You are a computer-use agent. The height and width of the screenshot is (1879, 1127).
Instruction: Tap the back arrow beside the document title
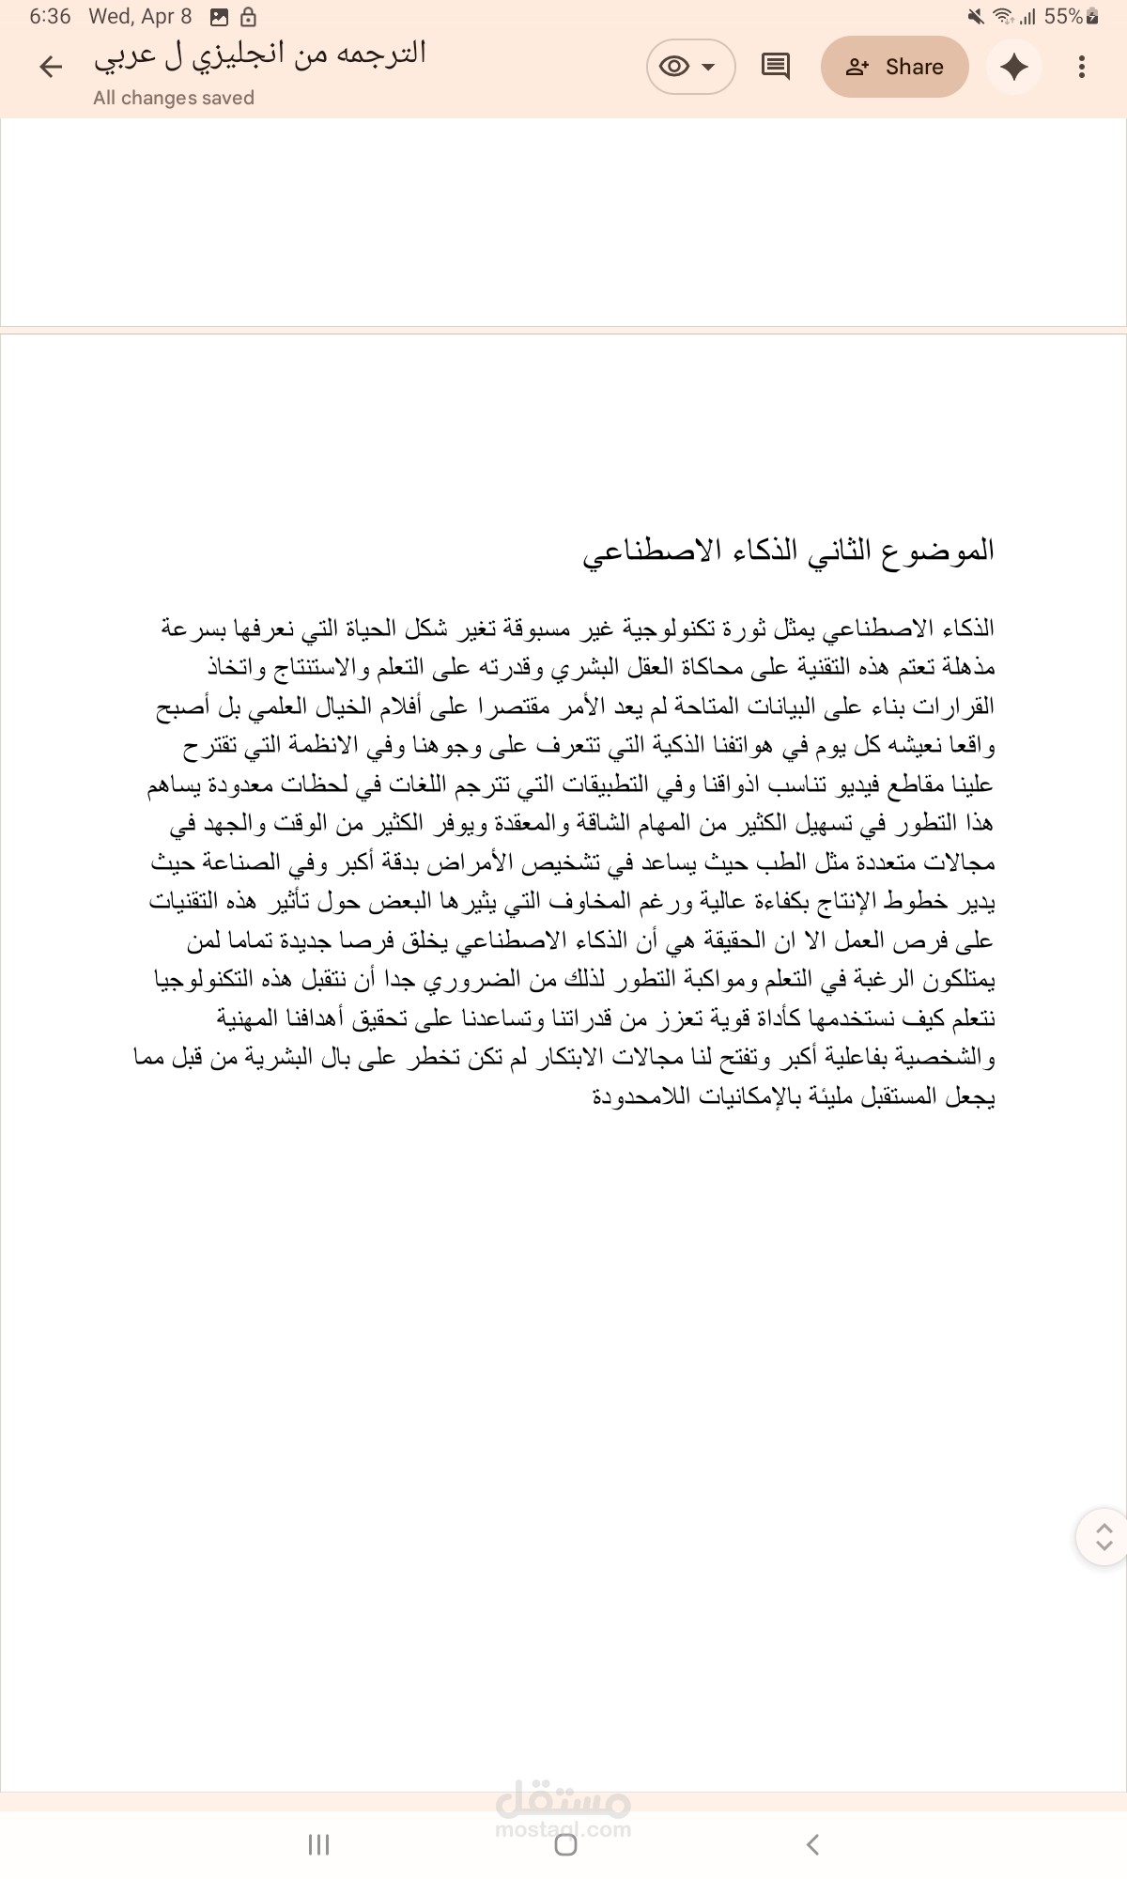pos(51,66)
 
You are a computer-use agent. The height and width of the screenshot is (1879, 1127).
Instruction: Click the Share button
pos(894,67)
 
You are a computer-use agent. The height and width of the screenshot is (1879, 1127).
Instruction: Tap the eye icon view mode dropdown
pos(689,67)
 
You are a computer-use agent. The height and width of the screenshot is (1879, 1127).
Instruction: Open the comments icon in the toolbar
pos(775,67)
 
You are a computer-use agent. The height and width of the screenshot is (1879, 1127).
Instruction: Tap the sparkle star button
pos(1014,67)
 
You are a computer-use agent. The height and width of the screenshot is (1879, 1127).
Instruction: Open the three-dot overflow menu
pos(1082,67)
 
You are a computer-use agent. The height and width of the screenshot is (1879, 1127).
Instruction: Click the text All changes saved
pos(174,98)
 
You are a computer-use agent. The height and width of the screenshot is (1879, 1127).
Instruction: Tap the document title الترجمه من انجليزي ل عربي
pos(260,54)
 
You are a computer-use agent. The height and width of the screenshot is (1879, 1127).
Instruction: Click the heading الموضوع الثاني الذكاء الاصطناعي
pos(788,551)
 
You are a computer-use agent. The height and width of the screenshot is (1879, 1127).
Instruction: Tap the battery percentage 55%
pos(1063,16)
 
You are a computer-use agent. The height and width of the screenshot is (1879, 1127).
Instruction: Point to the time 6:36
pos(50,16)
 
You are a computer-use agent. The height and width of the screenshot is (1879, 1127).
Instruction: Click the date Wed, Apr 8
pos(140,16)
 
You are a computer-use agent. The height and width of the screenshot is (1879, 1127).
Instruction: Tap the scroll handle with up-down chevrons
pos(1104,1537)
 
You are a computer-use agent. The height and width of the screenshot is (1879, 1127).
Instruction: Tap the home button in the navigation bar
pos(565,1844)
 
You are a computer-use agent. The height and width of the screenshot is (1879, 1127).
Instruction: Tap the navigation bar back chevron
pos(813,1844)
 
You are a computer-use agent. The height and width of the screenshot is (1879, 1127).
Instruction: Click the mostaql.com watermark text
pos(563,1829)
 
